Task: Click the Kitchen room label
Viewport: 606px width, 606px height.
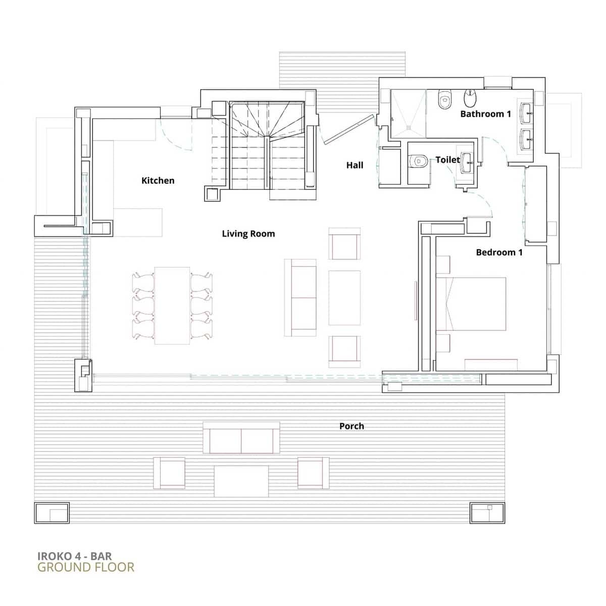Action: (x=158, y=180)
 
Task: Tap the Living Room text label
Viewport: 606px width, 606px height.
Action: (x=248, y=233)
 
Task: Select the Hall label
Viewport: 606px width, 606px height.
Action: (x=355, y=165)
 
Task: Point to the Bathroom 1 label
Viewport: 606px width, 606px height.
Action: (x=485, y=114)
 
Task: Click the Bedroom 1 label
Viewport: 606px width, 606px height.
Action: (x=499, y=252)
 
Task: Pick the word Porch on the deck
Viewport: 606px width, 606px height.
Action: (x=351, y=426)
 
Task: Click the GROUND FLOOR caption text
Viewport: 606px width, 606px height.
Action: (x=86, y=567)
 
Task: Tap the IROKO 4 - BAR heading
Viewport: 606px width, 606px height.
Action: (x=75, y=556)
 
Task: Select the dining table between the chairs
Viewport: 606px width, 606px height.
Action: (x=172, y=306)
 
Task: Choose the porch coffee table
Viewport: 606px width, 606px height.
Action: (x=241, y=481)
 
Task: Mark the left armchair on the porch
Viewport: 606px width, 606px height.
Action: (x=169, y=473)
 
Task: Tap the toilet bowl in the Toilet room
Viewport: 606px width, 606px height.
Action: (x=417, y=161)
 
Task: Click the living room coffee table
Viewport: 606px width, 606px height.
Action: (x=344, y=297)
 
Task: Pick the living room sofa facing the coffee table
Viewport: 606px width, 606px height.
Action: (x=300, y=298)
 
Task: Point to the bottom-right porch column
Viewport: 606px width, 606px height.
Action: (x=487, y=513)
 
